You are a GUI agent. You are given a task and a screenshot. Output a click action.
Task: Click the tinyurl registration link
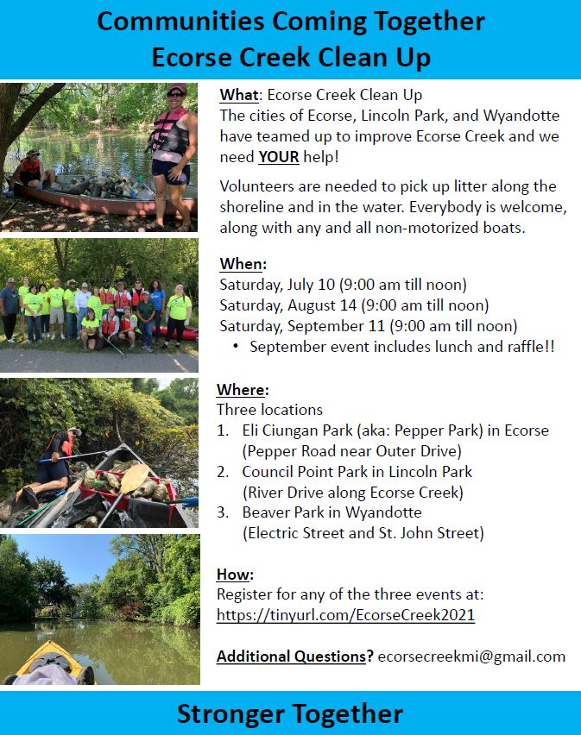[345, 615]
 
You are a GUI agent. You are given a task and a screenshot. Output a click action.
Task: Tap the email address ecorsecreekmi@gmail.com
[471, 656]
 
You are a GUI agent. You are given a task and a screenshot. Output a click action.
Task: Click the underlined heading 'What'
[239, 95]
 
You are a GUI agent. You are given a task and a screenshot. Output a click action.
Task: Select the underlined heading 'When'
[243, 263]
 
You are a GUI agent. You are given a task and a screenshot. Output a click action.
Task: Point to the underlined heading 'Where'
[243, 390]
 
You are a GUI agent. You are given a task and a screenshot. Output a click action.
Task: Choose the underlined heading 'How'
[235, 575]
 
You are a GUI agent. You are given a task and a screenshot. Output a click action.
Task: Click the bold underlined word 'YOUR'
[277, 157]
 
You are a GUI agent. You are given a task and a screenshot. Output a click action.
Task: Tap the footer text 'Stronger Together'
[290, 713]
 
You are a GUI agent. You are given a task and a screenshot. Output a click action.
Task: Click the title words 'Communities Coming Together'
[290, 21]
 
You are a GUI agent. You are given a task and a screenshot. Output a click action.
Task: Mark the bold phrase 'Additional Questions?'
[294, 656]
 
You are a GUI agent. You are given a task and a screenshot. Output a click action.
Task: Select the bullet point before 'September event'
[236, 347]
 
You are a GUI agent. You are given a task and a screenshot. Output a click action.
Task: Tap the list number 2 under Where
[223, 472]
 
